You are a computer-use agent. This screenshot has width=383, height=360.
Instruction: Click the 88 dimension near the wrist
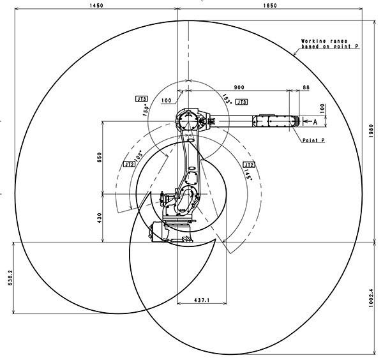tap(306, 87)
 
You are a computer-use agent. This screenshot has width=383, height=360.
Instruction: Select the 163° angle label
tap(226, 98)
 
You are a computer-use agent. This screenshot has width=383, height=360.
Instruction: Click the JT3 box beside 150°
tap(142, 99)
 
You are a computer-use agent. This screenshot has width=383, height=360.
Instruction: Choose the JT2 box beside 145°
tap(248, 164)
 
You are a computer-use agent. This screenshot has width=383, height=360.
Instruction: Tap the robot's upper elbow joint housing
tap(186, 120)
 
